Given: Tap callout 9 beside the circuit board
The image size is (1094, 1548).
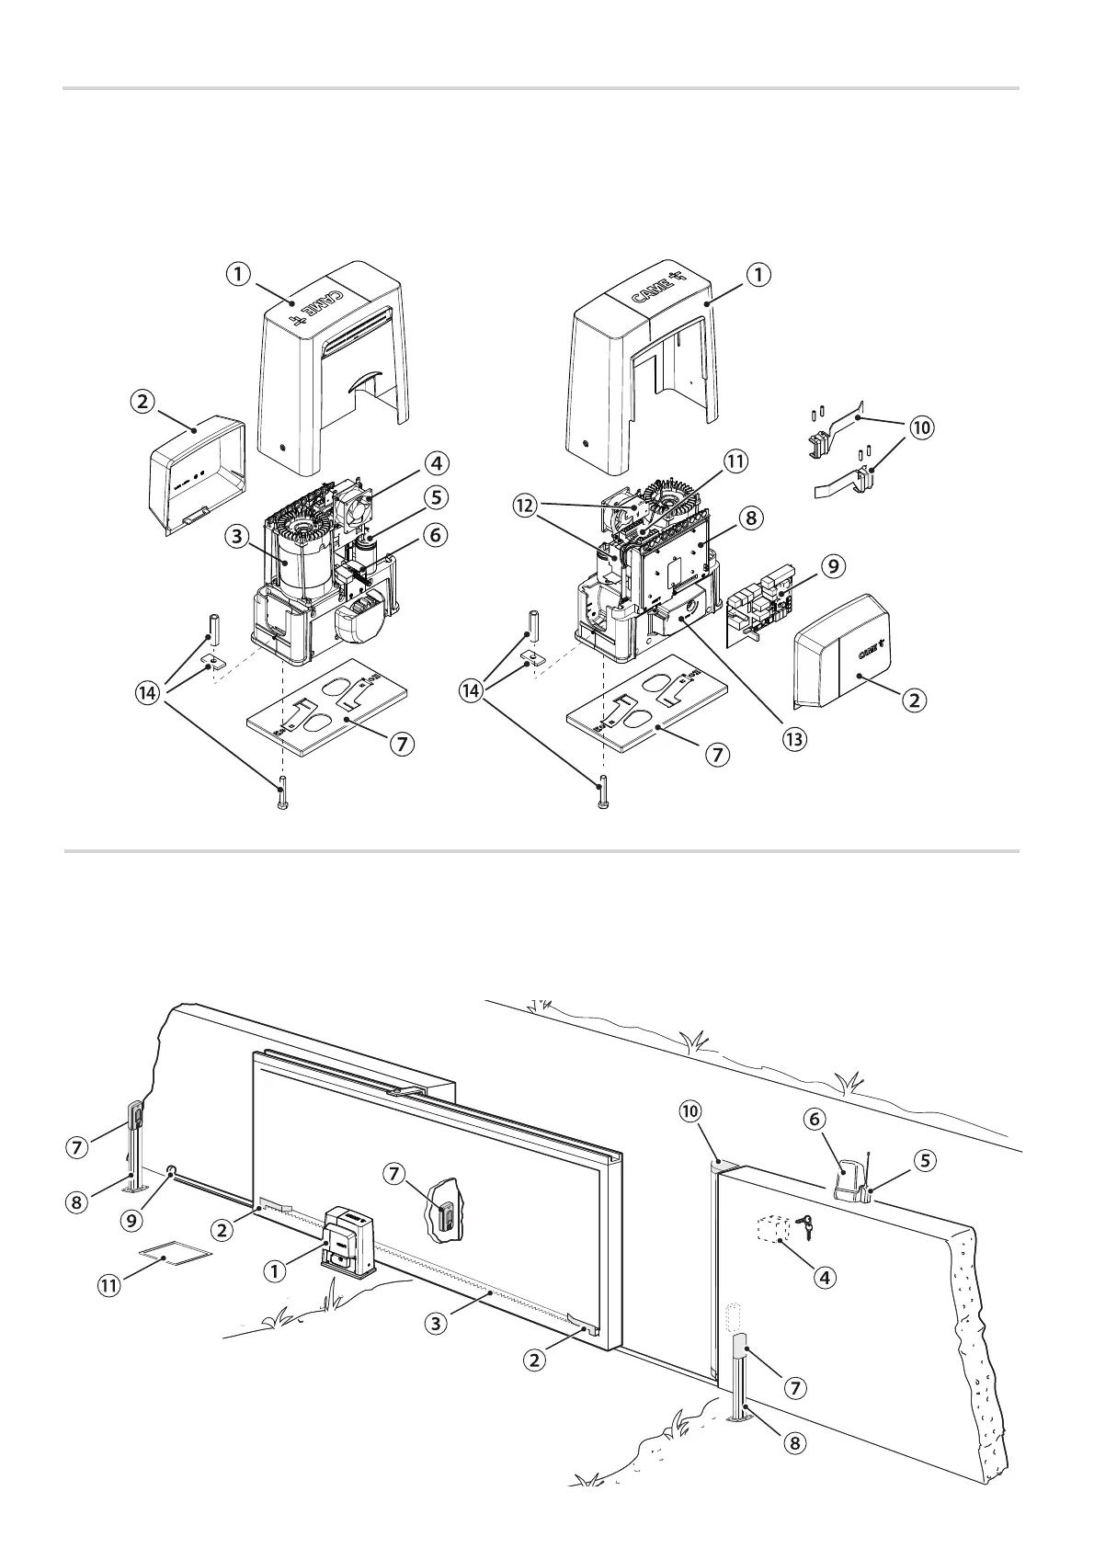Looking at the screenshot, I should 832,566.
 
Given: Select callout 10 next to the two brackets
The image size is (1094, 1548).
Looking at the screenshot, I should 921,427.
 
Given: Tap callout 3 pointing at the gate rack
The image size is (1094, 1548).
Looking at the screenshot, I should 437,1324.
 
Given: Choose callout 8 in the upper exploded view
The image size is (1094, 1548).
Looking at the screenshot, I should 751,518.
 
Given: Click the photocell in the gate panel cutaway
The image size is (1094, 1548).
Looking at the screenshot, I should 446,1216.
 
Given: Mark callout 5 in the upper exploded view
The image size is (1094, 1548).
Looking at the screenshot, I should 436,497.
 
